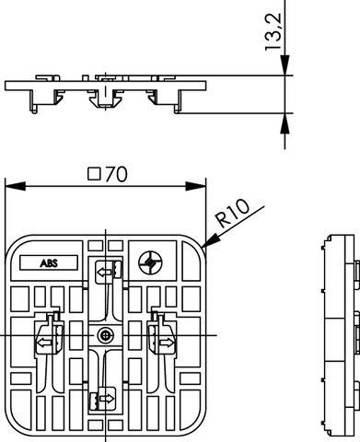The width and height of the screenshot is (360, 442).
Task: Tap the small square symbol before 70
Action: pos(92,173)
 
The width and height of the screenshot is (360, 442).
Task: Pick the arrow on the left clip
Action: pos(43,343)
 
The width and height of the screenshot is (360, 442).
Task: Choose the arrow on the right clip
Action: pos(168,343)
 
